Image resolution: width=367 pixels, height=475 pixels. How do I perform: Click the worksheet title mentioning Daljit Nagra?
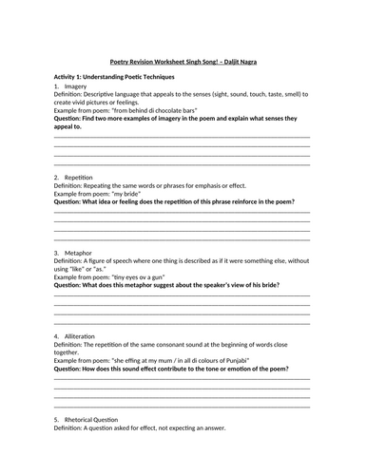coord(183,62)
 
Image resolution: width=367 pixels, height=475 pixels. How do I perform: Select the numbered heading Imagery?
coord(81,86)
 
